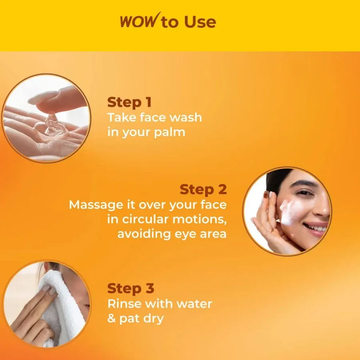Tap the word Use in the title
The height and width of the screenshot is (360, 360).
pos(200,22)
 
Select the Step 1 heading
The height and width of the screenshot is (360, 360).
pos(129,102)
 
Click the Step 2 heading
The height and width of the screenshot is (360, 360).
pos(203,189)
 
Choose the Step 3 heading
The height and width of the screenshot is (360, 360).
pos(131,288)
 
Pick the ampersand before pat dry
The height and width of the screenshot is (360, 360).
pos(112,319)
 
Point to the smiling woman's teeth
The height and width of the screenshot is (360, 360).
pos(316,227)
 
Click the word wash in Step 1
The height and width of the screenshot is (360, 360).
pos(184,118)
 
